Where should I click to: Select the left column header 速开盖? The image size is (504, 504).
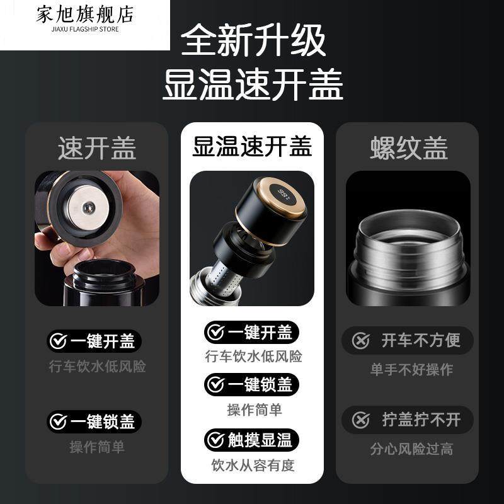[97, 149]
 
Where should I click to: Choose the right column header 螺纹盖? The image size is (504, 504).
[408, 149]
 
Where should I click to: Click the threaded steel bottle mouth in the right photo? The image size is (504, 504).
[408, 240]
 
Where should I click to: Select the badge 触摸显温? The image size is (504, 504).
[252, 440]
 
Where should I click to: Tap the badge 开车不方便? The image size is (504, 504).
[408, 341]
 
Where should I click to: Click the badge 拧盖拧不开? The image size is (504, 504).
[408, 419]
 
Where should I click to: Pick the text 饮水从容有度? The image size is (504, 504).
[252, 466]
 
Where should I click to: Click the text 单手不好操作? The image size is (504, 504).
[411, 369]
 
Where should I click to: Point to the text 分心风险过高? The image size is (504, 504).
[411, 449]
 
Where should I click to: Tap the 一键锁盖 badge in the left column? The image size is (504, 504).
[95, 421]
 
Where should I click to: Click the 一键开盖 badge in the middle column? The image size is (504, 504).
[252, 332]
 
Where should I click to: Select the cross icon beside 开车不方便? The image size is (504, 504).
[360, 341]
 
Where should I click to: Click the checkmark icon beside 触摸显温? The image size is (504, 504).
[217, 440]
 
